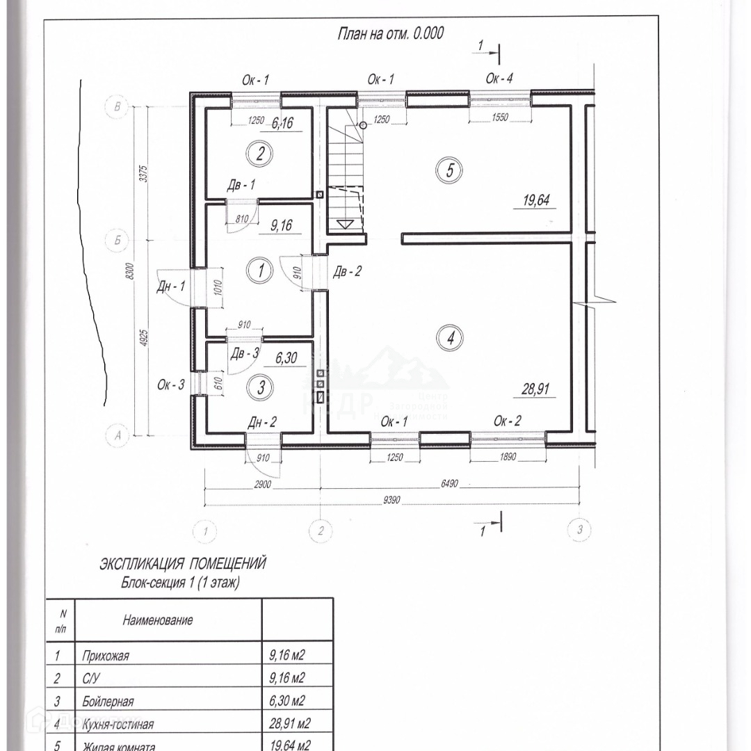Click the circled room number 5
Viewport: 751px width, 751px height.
click(x=450, y=170)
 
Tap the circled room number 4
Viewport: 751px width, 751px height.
click(x=450, y=339)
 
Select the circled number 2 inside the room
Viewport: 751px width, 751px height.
click(x=260, y=154)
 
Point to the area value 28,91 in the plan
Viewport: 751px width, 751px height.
click(x=536, y=389)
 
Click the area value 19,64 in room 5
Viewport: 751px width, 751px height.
click(x=536, y=201)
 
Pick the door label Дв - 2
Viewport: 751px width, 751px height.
click(x=347, y=270)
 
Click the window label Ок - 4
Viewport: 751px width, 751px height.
click(x=499, y=79)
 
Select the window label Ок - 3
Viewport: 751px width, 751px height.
click(x=170, y=383)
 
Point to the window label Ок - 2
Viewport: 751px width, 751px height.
click(x=508, y=421)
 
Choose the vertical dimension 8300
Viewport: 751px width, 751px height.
click(x=126, y=273)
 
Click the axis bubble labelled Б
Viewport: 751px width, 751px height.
click(x=116, y=241)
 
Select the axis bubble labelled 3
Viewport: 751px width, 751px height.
click(x=579, y=531)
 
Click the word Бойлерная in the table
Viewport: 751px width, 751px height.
click(x=107, y=701)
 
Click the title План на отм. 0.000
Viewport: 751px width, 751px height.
click(x=390, y=33)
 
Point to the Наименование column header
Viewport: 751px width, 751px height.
click(x=158, y=620)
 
